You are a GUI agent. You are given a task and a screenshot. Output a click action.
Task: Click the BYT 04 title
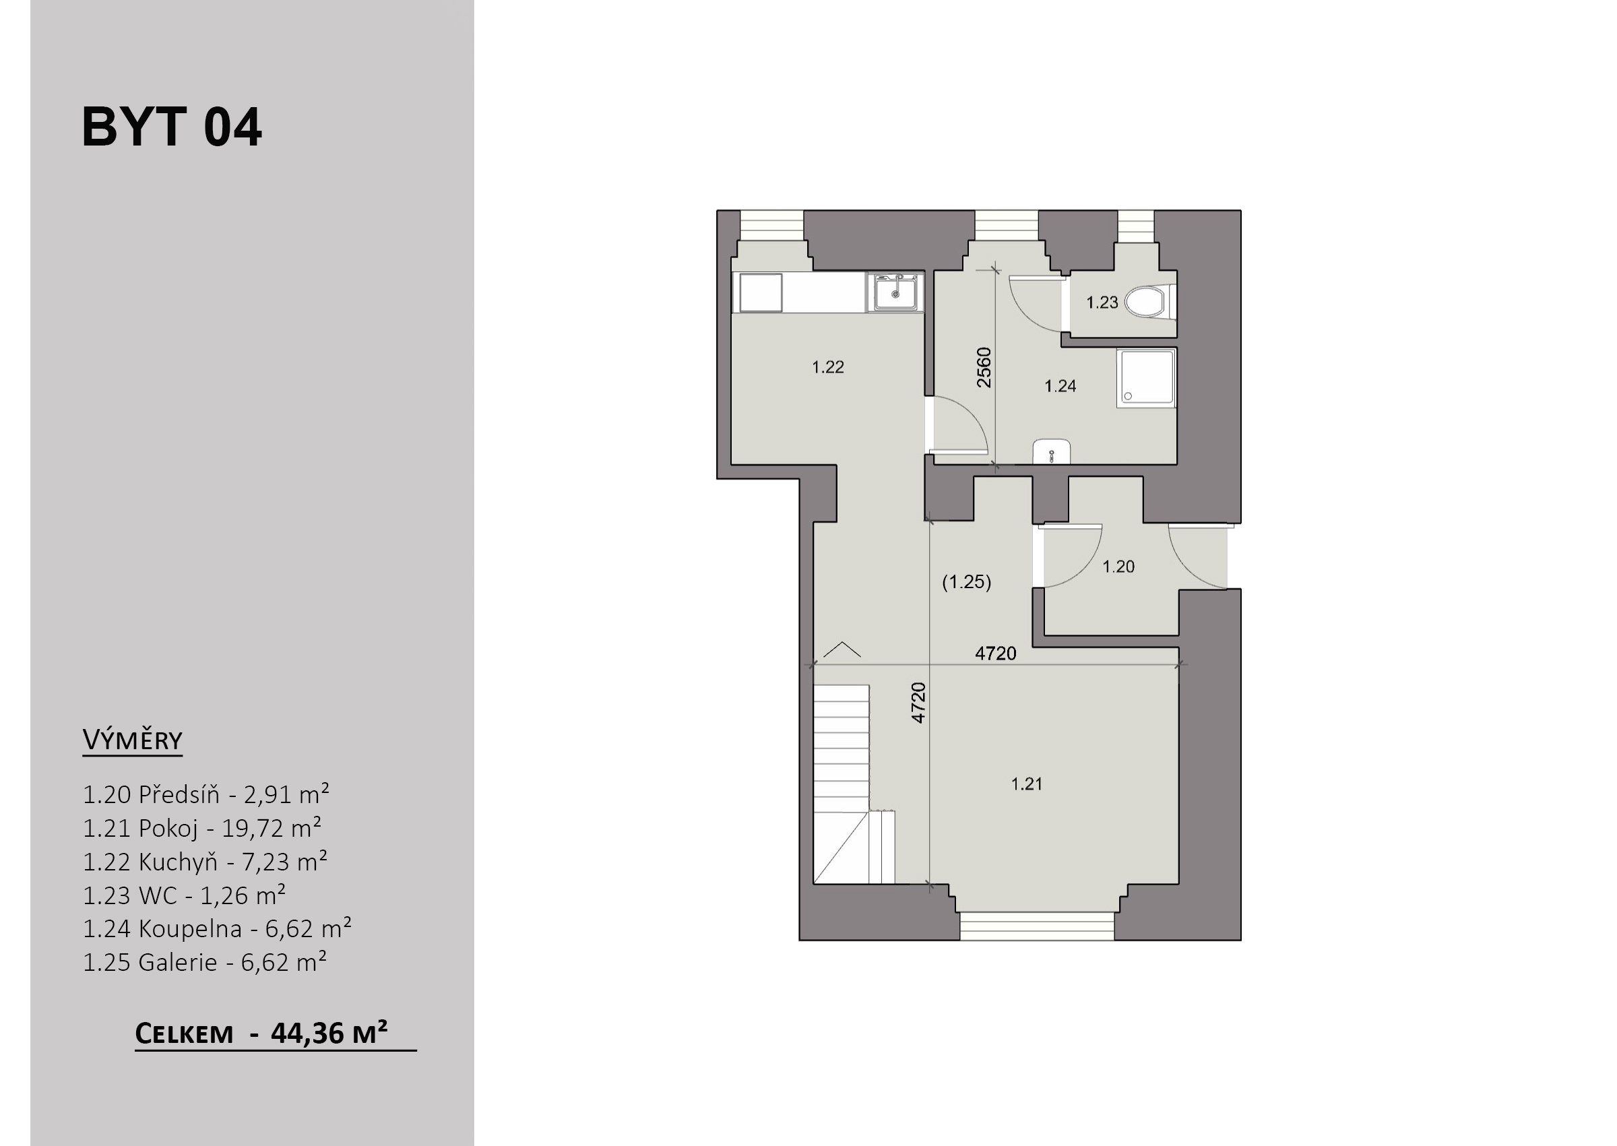171,127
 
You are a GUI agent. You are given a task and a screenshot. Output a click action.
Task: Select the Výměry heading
133,740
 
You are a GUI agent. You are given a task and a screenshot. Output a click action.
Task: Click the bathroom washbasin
1052,452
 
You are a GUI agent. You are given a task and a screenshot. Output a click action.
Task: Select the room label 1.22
827,367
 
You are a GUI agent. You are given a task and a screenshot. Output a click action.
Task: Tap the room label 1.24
1060,385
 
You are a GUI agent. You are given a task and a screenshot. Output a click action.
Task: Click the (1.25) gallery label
967,582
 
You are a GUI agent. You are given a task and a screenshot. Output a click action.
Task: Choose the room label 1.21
1027,784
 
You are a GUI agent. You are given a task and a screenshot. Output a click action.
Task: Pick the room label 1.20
1118,566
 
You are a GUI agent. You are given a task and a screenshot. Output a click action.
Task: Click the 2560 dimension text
984,367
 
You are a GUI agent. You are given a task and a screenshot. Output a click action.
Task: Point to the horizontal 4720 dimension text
995,654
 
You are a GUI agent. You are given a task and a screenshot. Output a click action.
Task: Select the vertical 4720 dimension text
918,702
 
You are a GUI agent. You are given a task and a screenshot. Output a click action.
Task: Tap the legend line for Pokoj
203,829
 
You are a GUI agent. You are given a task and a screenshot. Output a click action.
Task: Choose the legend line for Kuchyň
205,862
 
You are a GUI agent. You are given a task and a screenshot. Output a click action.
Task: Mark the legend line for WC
184,895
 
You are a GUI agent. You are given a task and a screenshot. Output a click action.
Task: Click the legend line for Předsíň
206,794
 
